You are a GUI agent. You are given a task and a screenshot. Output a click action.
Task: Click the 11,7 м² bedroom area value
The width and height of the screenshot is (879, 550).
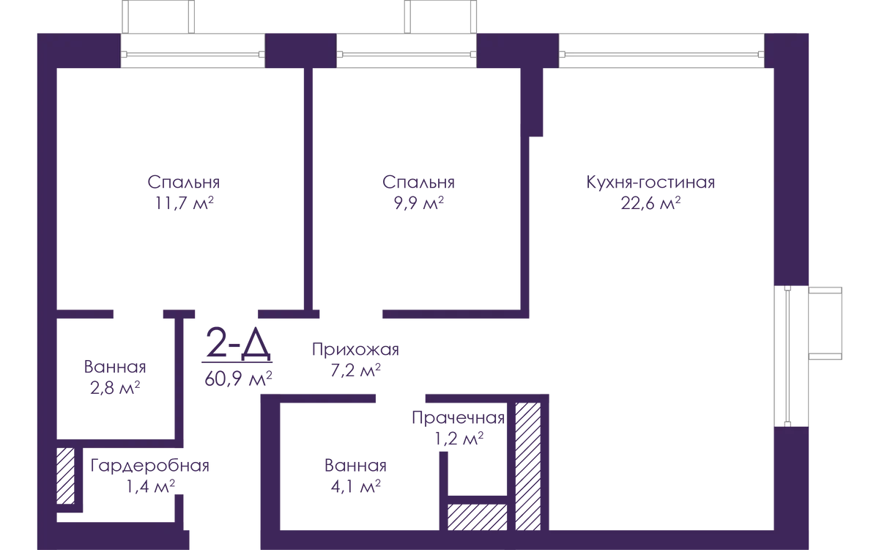click(x=185, y=204)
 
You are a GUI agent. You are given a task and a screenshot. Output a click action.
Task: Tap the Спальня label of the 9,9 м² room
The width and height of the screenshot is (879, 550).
click(x=419, y=183)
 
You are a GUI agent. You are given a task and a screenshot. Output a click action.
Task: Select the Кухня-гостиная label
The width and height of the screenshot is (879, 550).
click(x=650, y=183)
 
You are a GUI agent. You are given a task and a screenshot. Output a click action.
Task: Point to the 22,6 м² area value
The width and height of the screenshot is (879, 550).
click(x=650, y=204)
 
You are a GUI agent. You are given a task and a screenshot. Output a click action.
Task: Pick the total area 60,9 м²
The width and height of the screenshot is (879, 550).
click(x=238, y=379)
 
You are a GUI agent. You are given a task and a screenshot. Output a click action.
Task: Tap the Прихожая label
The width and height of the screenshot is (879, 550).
click(x=355, y=350)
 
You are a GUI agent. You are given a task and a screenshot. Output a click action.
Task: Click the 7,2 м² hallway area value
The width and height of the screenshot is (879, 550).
click(x=355, y=370)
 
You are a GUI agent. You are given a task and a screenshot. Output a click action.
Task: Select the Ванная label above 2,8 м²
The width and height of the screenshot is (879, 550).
click(x=115, y=367)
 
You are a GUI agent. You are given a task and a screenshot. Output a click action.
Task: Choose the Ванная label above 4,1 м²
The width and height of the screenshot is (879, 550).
click(x=355, y=466)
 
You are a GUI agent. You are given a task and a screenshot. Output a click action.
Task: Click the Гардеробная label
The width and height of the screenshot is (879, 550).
click(x=150, y=466)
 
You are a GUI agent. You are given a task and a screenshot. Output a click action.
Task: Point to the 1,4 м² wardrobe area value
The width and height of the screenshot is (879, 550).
click(x=150, y=487)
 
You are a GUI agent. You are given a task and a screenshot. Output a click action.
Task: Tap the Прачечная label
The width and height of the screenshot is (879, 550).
click(x=459, y=418)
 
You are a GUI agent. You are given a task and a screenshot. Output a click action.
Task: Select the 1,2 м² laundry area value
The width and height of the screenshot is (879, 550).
click(x=459, y=439)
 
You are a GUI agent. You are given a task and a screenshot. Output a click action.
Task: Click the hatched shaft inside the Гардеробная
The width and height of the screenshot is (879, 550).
click(x=65, y=476)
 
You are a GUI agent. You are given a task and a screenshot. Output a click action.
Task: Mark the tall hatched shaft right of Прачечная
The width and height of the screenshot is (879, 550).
click(x=528, y=466)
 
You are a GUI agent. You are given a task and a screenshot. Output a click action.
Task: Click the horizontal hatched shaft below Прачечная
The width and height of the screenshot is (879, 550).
click(x=477, y=518)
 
